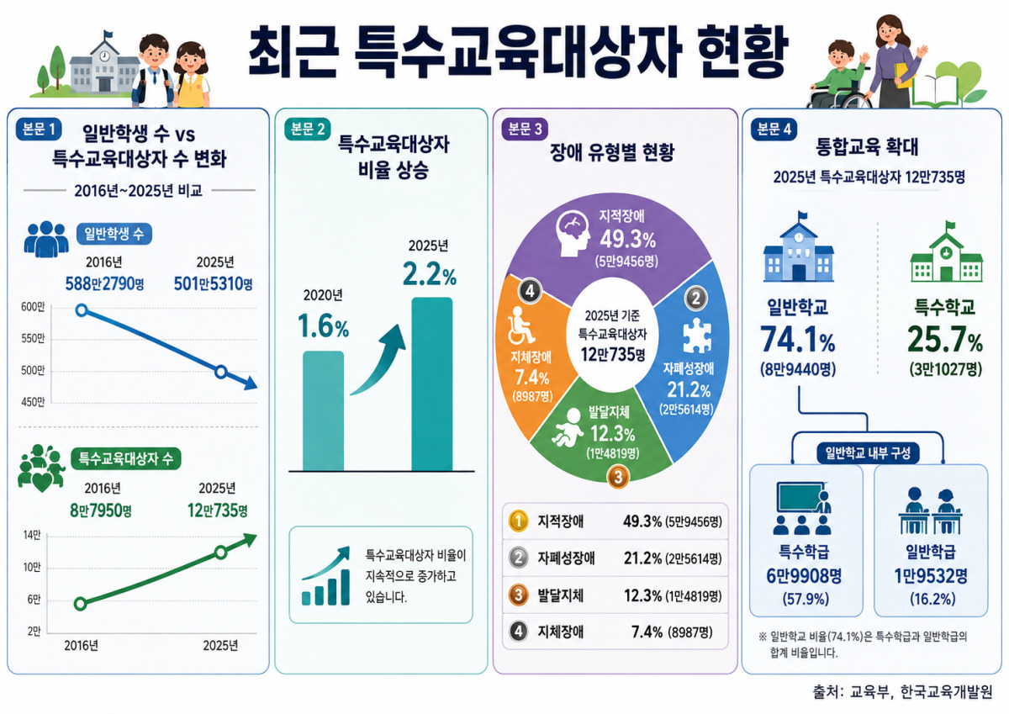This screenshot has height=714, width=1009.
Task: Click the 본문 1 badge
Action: coord(39,130)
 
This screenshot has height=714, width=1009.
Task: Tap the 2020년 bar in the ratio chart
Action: coord(323,411)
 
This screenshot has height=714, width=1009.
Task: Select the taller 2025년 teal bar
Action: coord(431,383)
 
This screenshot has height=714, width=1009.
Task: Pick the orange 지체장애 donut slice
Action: coord(531,361)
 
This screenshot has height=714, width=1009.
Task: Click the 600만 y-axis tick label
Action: coord(33,307)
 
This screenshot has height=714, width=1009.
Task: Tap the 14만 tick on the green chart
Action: coord(32,535)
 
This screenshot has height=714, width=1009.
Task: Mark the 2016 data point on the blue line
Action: coord(82,310)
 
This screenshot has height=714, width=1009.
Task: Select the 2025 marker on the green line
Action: coord(220,553)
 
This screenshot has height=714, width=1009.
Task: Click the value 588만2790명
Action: coord(104,283)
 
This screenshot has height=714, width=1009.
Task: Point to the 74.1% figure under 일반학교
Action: coord(798,340)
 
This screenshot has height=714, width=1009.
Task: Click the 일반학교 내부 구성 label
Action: coord(868,452)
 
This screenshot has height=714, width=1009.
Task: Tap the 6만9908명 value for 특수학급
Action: coord(804,576)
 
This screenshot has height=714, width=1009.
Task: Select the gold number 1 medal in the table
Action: coord(518,521)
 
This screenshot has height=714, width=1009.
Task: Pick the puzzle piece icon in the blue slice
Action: coord(697,336)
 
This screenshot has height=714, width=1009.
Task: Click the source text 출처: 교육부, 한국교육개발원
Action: coord(903,692)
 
